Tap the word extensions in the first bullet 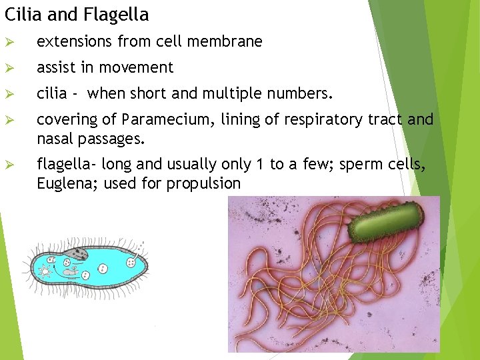75,41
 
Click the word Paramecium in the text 155,120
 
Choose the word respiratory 321,120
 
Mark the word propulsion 203,184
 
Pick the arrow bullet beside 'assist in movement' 9,68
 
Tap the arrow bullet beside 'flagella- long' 9,165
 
